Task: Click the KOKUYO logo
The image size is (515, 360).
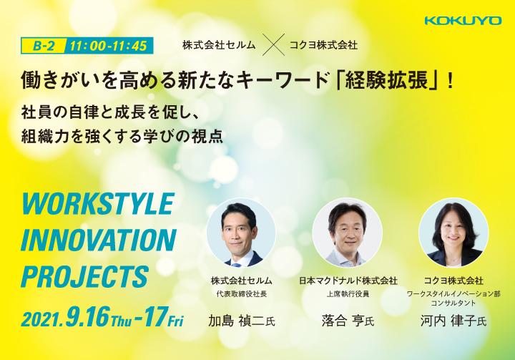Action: tap(463, 21)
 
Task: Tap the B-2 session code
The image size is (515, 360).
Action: tap(44, 46)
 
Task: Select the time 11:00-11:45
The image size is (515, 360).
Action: tap(108, 46)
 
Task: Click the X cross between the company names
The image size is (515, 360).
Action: tap(274, 45)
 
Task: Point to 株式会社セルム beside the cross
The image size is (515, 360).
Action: tap(219, 45)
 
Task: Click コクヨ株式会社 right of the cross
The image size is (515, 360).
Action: tap(323, 45)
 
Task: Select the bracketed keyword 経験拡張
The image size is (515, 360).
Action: tap(386, 80)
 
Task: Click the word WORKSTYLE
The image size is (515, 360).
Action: tap(97, 204)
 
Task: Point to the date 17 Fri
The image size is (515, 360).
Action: tap(160, 317)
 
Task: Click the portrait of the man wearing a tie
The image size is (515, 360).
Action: tap(241, 233)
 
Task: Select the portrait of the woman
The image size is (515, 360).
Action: tap(453, 233)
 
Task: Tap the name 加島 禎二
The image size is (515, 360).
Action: tap(237, 321)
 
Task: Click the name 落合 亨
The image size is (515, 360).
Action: tap(343, 321)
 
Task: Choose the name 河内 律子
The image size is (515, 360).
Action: tap(448, 321)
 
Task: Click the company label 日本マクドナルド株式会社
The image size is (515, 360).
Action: tap(348, 281)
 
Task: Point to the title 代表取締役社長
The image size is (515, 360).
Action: tap(242, 294)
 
